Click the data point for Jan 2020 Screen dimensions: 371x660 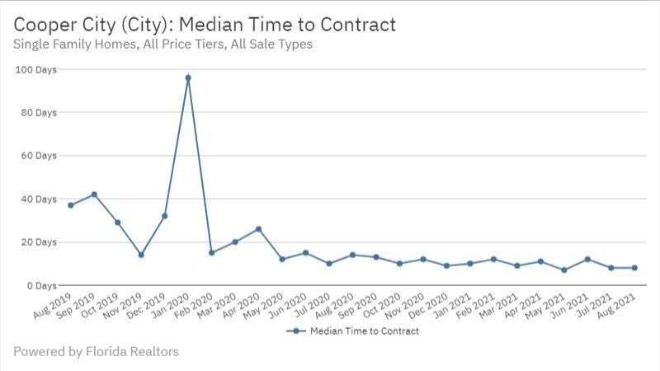(x=188, y=77)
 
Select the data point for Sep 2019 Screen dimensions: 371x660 (x=94, y=195)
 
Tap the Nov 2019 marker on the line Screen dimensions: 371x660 (x=141, y=255)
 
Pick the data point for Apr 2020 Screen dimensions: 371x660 (x=258, y=228)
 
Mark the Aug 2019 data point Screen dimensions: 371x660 (x=71, y=205)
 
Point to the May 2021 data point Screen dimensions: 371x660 (x=563, y=270)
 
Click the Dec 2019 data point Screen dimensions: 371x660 (x=165, y=216)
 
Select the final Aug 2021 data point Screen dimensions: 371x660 (x=634, y=268)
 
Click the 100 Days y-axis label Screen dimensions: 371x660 (x=35, y=69)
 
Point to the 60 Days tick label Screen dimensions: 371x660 (x=38, y=156)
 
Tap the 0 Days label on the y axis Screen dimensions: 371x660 (x=40, y=285)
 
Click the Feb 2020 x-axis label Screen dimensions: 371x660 (x=196, y=304)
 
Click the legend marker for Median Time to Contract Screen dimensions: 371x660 (x=295, y=331)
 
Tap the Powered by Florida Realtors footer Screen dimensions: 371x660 (x=96, y=352)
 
